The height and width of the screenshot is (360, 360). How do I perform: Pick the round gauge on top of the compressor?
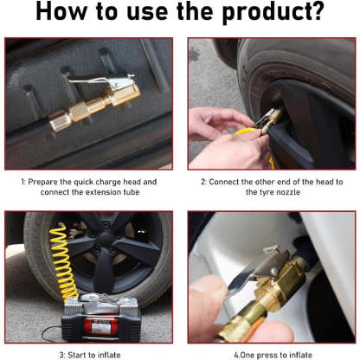(x=83, y=299)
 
